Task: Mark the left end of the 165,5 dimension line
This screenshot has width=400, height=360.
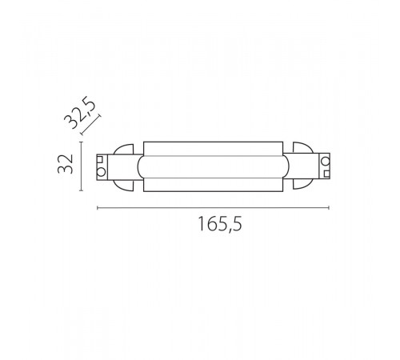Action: (x=97, y=209)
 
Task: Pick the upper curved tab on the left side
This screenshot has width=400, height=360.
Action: (x=126, y=150)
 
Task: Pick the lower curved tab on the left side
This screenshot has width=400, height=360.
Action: (x=126, y=185)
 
